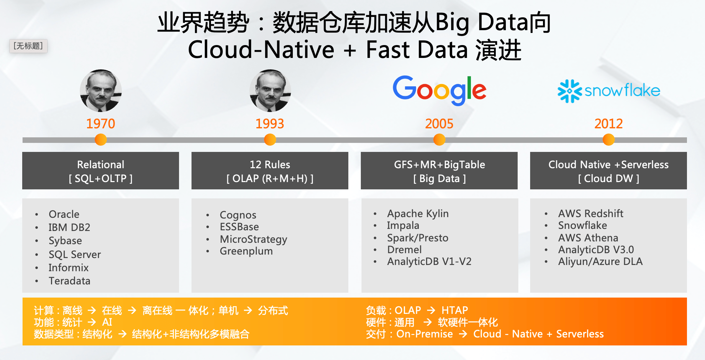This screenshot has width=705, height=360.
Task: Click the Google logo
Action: pyautogui.click(x=439, y=90)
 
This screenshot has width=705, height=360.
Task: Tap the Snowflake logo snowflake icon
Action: pyautogui.click(x=570, y=91)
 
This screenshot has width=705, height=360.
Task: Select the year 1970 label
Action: pyautogui.click(x=101, y=124)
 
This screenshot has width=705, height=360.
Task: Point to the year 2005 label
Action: pyautogui.click(x=439, y=124)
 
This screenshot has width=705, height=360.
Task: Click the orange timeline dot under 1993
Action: pyautogui.click(x=270, y=140)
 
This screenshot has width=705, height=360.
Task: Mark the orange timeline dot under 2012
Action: pyautogui.click(x=609, y=140)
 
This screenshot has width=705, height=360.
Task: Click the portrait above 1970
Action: pyautogui.click(x=101, y=91)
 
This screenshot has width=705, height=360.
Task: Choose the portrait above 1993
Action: pyautogui.click(x=270, y=91)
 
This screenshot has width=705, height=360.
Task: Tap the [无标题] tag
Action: pyautogui.click(x=28, y=46)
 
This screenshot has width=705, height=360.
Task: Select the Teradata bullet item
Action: pyautogui.click(x=69, y=281)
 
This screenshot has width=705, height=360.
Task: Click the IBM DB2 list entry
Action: pyautogui.click(x=69, y=228)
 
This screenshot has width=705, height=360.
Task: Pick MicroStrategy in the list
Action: pyautogui.click(x=253, y=239)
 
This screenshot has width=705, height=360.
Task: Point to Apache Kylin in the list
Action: pyautogui.click(x=418, y=214)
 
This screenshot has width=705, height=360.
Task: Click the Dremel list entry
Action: pyautogui.click(x=404, y=250)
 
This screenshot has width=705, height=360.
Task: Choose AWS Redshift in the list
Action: pyautogui.click(x=591, y=214)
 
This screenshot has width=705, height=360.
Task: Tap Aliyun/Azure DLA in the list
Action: pyautogui.click(x=600, y=262)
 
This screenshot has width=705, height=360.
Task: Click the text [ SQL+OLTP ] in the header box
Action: pyautogui.click(x=101, y=179)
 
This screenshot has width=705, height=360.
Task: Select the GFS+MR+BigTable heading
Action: pyautogui.click(x=439, y=164)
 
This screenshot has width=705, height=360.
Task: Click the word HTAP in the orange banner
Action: pyautogui.click(x=455, y=310)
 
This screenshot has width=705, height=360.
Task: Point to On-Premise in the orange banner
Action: pyautogui.click(x=425, y=334)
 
